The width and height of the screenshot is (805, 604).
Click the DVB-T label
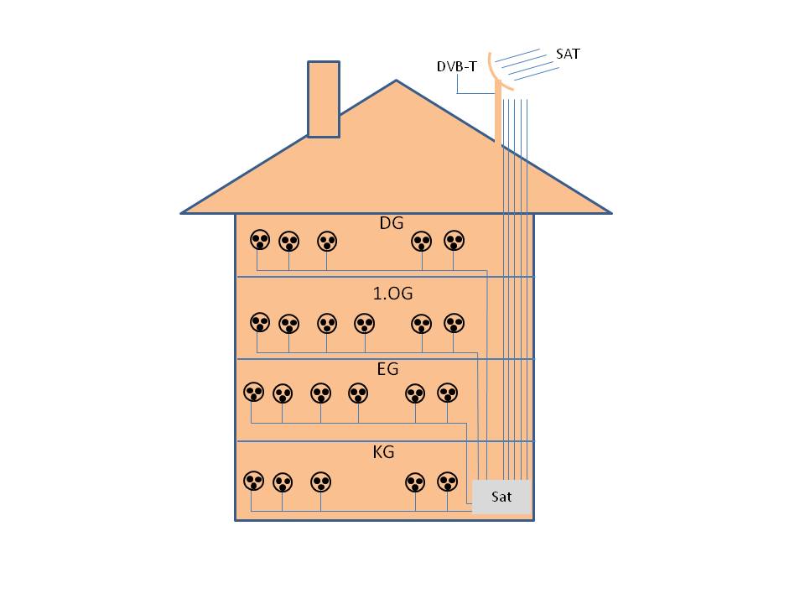pyautogui.click(x=457, y=66)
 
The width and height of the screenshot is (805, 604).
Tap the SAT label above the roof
pyautogui.click(x=568, y=54)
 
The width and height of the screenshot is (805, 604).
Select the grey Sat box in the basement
pyautogui.click(x=501, y=497)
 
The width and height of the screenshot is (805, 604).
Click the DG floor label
pyautogui.click(x=391, y=222)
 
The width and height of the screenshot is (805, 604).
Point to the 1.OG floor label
pyautogui.click(x=392, y=294)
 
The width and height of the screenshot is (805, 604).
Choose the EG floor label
pyautogui.click(x=387, y=369)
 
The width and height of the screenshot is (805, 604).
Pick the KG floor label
pyautogui.click(x=383, y=453)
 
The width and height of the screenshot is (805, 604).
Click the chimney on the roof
pyautogui.click(x=324, y=98)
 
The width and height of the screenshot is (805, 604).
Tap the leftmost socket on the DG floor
pyautogui.click(x=260, y=241)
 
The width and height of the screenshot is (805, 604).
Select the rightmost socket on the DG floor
pyautogui.click(x=454, y=242)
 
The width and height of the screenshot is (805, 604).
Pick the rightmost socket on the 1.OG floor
pyautogui.click(x=454, y=323)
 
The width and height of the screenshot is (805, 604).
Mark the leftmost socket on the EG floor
pyautogui.click(x=253, y=392)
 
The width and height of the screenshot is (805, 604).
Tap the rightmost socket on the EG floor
pyautogui.click(x=449, y=393)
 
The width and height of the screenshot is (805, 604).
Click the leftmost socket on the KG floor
pyautogui.click(x=253, y=482)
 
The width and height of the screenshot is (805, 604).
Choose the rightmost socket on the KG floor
pyautogui.click(x=448, y=482)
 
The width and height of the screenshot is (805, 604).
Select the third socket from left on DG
pyautogui.click(x=327, y=242)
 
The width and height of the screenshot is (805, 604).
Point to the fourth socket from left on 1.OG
pyautogui.click(x=364, y=323)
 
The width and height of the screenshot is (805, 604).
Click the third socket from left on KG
pyautogui.click(x=321, y=482)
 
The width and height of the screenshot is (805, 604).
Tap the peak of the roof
pyautogui.click(x=396, y=81)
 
